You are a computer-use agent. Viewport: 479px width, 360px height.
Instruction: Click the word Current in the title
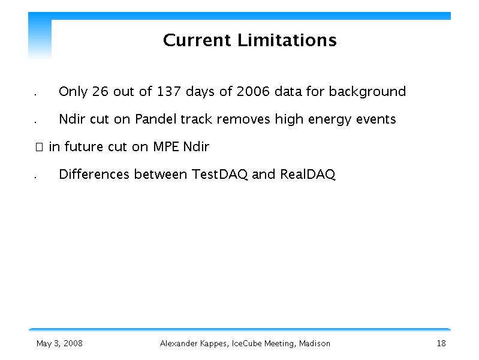[x=197, y=40]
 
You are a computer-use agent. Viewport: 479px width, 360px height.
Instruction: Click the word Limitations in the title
[x=287, y=40]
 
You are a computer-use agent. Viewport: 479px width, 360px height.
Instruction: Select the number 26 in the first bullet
[x=100, y=91]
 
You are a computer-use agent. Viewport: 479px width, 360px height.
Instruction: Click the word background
[x=367, y=92]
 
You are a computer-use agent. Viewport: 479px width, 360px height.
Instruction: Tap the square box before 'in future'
[x=39, y=147]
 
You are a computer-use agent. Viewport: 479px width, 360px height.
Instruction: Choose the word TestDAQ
[x=219, y=175]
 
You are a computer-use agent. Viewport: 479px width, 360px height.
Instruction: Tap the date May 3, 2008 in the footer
[x=59, y=343]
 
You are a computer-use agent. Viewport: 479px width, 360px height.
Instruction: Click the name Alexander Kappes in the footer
[x=194, y=344]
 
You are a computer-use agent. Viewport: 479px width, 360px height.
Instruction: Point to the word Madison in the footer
[x=314, y=343]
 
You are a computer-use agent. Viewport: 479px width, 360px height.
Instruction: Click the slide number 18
[x=441, y=343]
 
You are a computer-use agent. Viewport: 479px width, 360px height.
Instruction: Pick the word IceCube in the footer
[x=246, y=343]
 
